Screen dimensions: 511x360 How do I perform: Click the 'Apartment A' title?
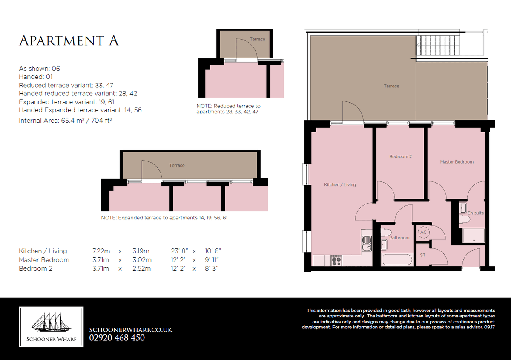tap(69, 40)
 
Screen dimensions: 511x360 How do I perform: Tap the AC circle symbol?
tap(423, 232)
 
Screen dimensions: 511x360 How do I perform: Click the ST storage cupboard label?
tap(422, 255)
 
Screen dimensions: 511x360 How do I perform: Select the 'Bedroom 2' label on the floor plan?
tap(400, 156)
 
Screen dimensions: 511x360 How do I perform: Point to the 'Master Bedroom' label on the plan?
tap(456, 162)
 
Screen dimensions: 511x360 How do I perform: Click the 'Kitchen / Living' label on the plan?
tap(340, 184)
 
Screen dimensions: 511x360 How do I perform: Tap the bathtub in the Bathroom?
tap(397, 259)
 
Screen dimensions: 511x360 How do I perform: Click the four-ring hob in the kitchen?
tap(336, 261)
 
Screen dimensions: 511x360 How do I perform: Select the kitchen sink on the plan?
tap(367, 243)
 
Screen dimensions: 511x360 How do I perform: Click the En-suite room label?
tap(476, 213)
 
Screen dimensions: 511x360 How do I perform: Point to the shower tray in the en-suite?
tap(474, 236)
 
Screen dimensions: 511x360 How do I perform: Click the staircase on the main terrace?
tap(438, 46)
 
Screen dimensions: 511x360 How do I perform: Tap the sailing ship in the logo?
tap(51, 322)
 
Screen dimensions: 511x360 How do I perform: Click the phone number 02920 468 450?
tap(117, 338)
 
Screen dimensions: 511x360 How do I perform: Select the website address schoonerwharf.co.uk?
tap(131, 330)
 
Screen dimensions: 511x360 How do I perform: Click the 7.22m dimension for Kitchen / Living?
tap(101, 251)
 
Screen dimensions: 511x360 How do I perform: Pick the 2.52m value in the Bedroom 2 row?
tap(142, 268)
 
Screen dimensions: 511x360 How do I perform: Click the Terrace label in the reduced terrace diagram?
tap(257, 39)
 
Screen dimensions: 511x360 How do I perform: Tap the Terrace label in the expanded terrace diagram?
tap(177, 165)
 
